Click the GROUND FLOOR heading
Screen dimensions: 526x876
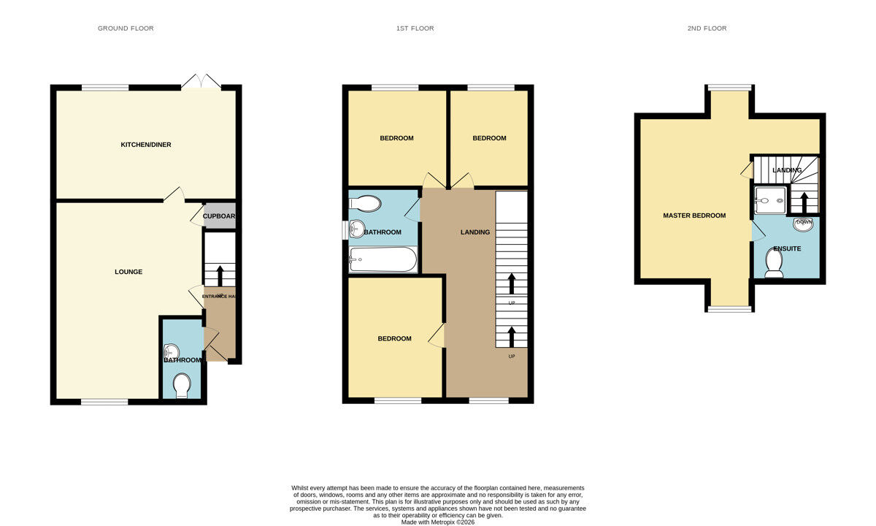click(x=126, y=28)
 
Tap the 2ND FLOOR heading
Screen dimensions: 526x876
click(x=707, y=28)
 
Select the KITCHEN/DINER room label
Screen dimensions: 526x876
click(x=146, y=145)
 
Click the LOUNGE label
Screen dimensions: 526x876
click(x=128, y=272)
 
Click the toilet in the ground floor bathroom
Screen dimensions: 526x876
click(x=182, y=384)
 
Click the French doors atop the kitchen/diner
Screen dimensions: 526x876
click(x=201, y=82)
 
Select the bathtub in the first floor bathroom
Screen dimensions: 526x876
click(x=383, y=259)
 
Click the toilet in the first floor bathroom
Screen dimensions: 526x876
click(x=365, y=204)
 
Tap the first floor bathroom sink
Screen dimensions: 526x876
click(x=356, y=229)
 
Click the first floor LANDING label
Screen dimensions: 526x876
click(x=474, y=232)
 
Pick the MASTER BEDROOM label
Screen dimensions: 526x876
click(x=694, y=216)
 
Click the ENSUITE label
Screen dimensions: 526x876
click(x=787, y=248)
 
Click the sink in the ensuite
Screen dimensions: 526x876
click(x=804, y=224)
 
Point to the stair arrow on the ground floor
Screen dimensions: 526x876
click(x=220, y=275)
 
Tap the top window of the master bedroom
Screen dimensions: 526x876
click(x=729, y=87)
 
